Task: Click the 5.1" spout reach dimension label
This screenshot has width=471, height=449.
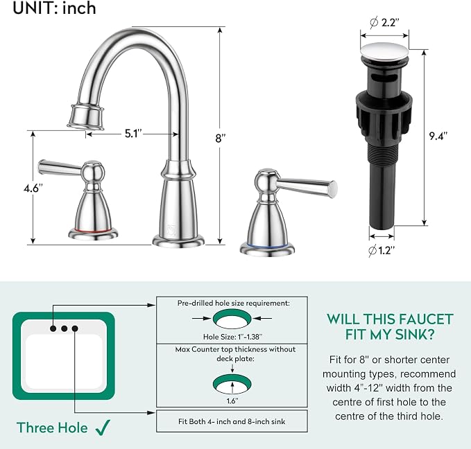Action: point(133,134)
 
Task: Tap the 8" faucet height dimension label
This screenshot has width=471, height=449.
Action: point(220,139)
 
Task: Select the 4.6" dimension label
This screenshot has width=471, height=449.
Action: point(33,188)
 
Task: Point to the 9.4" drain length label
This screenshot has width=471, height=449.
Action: point(438,136)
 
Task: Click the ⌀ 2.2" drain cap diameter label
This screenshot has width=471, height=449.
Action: point(385,22)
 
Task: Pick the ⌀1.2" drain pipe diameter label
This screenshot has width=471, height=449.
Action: point(382,250)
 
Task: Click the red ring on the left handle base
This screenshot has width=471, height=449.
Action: point(93,231)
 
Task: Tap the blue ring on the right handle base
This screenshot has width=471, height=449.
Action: point(267,245)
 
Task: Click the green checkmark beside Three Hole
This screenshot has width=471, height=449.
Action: point(103,428)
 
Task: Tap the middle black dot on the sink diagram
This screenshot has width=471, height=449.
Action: point(64,328)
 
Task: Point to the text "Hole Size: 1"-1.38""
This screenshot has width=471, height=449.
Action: point(232,337)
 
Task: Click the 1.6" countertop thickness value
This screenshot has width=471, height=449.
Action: point(232,401)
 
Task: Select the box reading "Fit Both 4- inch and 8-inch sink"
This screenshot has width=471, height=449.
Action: point(232,421)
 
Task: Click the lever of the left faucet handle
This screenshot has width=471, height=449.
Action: point(60,168)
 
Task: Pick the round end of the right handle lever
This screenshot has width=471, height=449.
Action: point(333,189)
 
